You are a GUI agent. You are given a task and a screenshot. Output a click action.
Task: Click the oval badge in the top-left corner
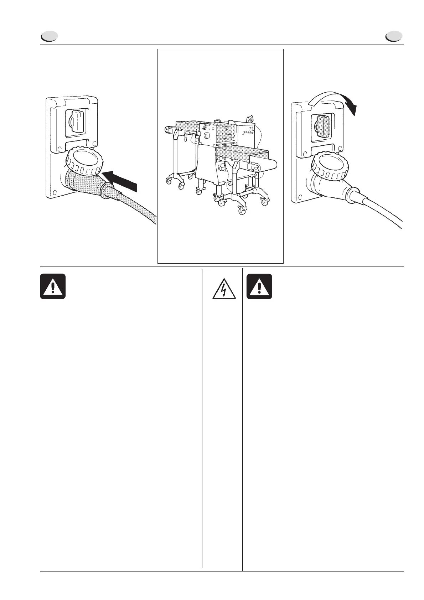pyautogui.click(x=49, y=36)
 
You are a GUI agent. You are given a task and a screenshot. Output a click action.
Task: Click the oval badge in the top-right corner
pyautogui.click(x=394, y=36)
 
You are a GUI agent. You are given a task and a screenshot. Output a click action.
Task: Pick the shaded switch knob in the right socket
pyautogui.click(x=322, y=126)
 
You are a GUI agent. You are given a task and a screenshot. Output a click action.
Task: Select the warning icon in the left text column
pyautogui.click(x=53, y=286)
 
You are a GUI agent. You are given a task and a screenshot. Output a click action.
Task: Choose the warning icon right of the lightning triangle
pyautogui.click(x=259, y=286)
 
